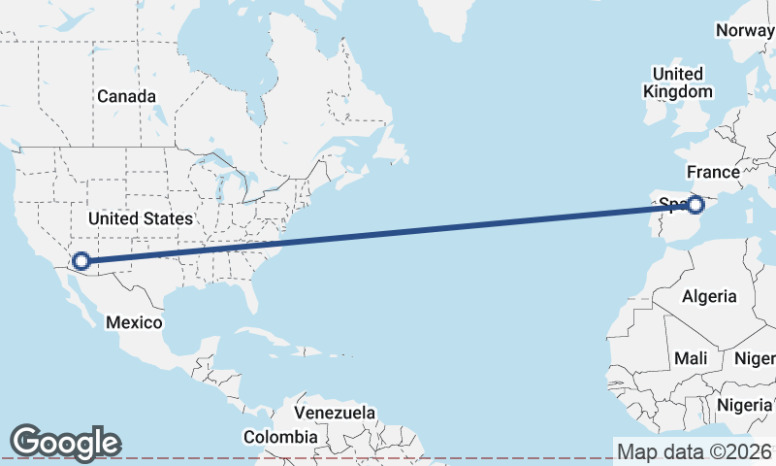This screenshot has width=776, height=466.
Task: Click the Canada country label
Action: click(126, 97)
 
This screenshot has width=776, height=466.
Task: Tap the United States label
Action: click(142, 218)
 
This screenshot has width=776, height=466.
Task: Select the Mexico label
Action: click(134, 322)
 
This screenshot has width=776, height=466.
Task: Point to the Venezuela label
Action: click(335, 413)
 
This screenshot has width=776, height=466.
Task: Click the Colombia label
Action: click(280, 438)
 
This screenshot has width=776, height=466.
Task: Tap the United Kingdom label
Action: click(677, 83)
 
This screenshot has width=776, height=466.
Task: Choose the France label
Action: click(713, 172)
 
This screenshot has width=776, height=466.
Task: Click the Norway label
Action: click(745, 30)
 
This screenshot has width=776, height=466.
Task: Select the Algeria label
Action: click(709, 296)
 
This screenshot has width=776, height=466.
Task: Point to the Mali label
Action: click(691, 358)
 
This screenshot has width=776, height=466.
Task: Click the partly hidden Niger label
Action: click(757, 358)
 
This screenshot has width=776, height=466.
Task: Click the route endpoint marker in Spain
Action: click(695, 204)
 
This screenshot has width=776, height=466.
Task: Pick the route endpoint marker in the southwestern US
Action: click(81, 260)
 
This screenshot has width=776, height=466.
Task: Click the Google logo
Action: click(65, 443)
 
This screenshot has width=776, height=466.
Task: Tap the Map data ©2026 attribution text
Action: click(695, 451)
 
